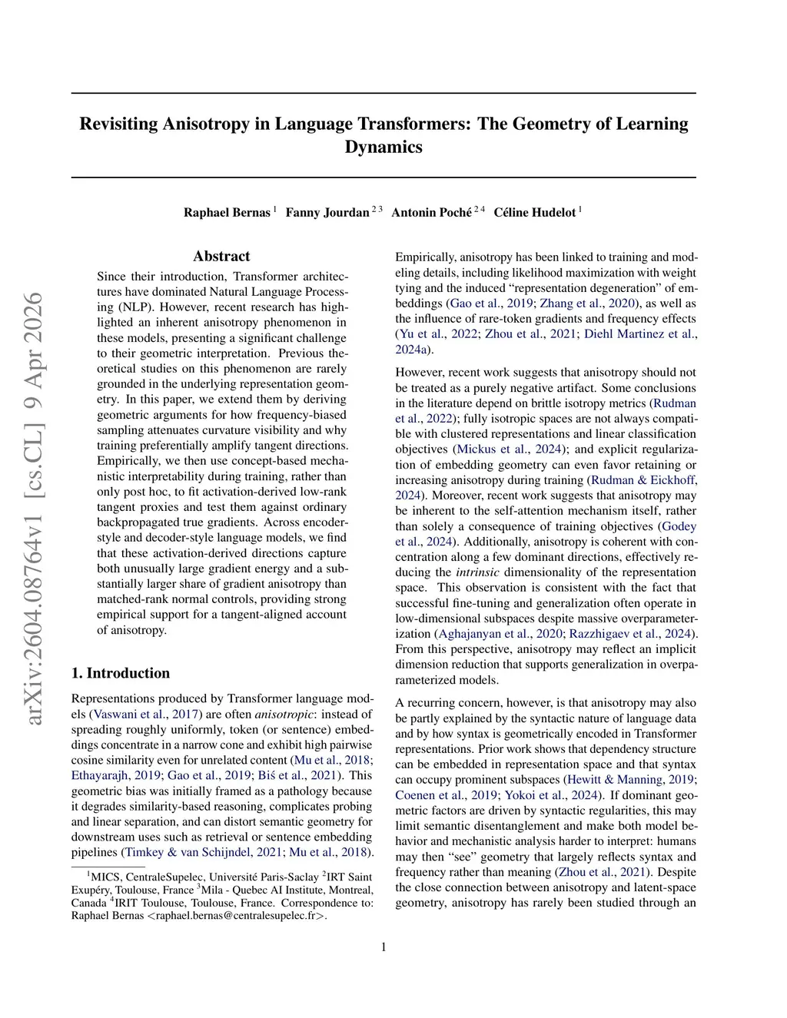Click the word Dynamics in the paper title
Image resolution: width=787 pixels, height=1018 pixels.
(384, 148)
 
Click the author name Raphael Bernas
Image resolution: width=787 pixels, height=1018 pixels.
(227, 213)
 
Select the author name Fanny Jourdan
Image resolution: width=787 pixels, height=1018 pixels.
(327, 213)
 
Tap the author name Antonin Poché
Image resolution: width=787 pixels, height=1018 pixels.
(431, 213)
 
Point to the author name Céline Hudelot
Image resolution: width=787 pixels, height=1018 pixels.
(534, 213)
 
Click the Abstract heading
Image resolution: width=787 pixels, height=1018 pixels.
(221, 257)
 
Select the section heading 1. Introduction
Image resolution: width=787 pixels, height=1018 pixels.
(121, 673)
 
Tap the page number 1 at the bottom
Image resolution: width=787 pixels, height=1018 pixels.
(384, 947)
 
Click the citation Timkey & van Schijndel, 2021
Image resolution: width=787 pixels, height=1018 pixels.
(204, 852)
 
